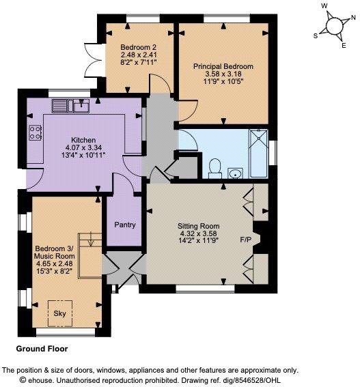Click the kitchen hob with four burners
35,133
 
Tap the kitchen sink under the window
70,106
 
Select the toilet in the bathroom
214,169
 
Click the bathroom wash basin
235,173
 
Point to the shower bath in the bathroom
259,153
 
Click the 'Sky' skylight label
60,313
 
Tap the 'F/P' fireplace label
246,240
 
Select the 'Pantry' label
125,225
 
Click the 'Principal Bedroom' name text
223,66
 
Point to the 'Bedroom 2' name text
139,47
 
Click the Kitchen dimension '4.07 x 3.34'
83,147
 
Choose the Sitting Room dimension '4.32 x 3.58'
198,233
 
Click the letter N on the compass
353,18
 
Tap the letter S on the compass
316,36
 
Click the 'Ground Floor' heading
42,349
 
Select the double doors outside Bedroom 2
93,60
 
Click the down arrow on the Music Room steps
91,240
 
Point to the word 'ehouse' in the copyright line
40,380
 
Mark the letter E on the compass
344,46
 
